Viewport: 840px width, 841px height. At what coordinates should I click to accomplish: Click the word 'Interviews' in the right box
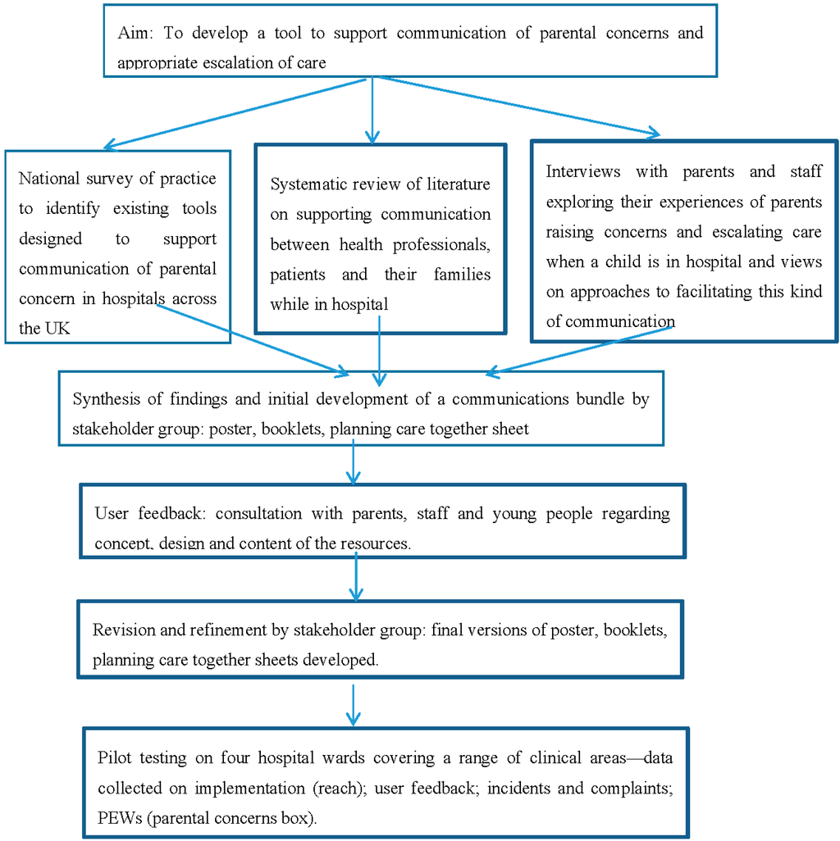pos(583,171)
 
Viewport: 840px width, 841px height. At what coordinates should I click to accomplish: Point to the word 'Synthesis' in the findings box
pos(105,399)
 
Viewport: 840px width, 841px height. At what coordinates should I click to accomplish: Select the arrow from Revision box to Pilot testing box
pos(353,704)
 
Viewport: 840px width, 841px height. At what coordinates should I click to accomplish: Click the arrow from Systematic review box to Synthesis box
pos(378,349)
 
